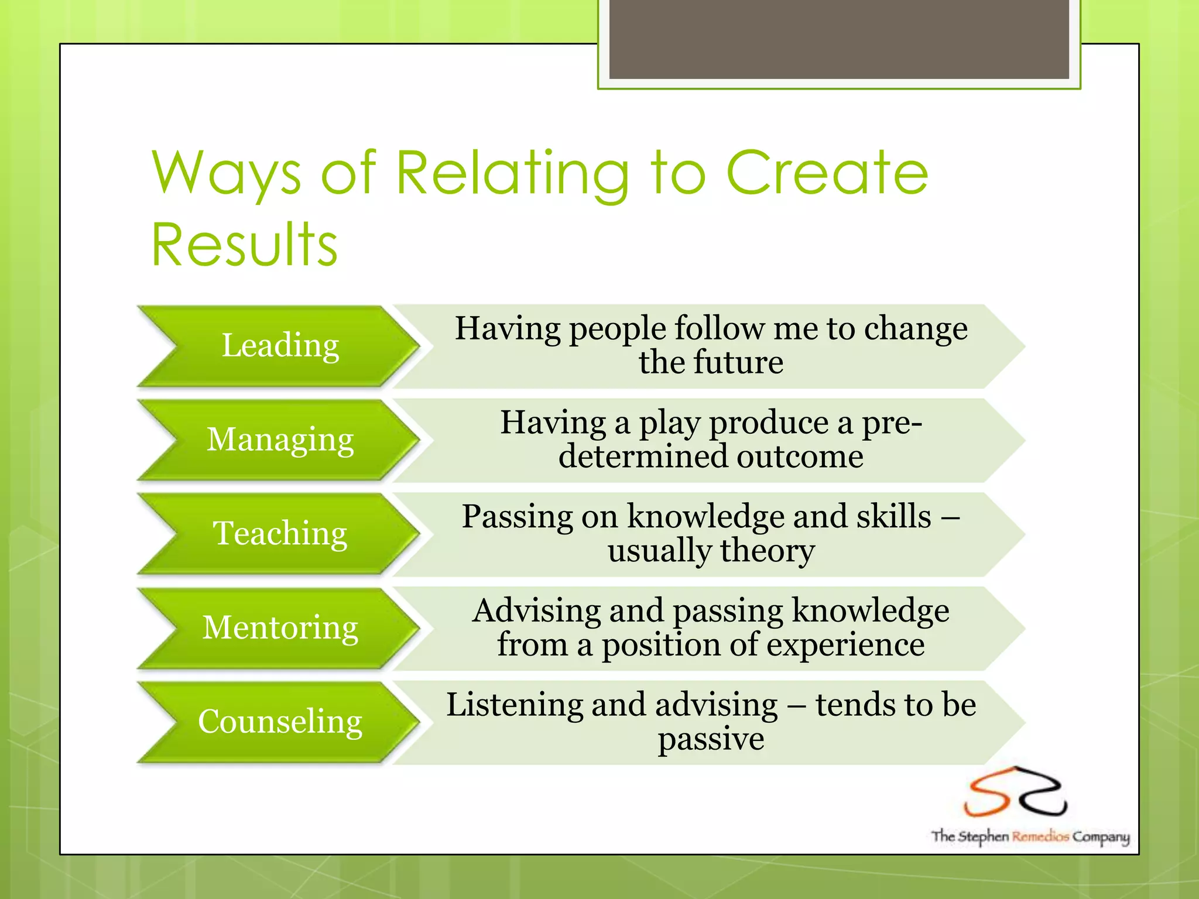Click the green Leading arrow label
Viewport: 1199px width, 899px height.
pyautogui.click(x=280, y=345)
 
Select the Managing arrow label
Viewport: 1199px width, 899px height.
pyautogui.click(x=280, y=440)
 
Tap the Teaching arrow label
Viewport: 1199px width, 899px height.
pyautogui.click(x=280, y=533)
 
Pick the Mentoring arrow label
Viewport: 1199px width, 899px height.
pyautogui.click(x=280, y=627)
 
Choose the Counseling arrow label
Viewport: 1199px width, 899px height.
pyautogui.click(x=280, y=721)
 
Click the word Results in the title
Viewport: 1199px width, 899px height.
pyautogui.click(x=245, y=244)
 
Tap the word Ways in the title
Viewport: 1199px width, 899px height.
pyautogui.click(x=227, y=174)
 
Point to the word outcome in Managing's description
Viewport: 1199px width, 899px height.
pyautogui.click(x=800, y=457)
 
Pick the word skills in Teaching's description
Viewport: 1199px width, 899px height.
pyautogui.click(x=893, y=516)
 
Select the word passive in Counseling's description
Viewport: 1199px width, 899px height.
pyautogui.click(x=711, y=739)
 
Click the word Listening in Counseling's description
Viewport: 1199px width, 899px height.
pyautogui.click(x=515, y=704)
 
